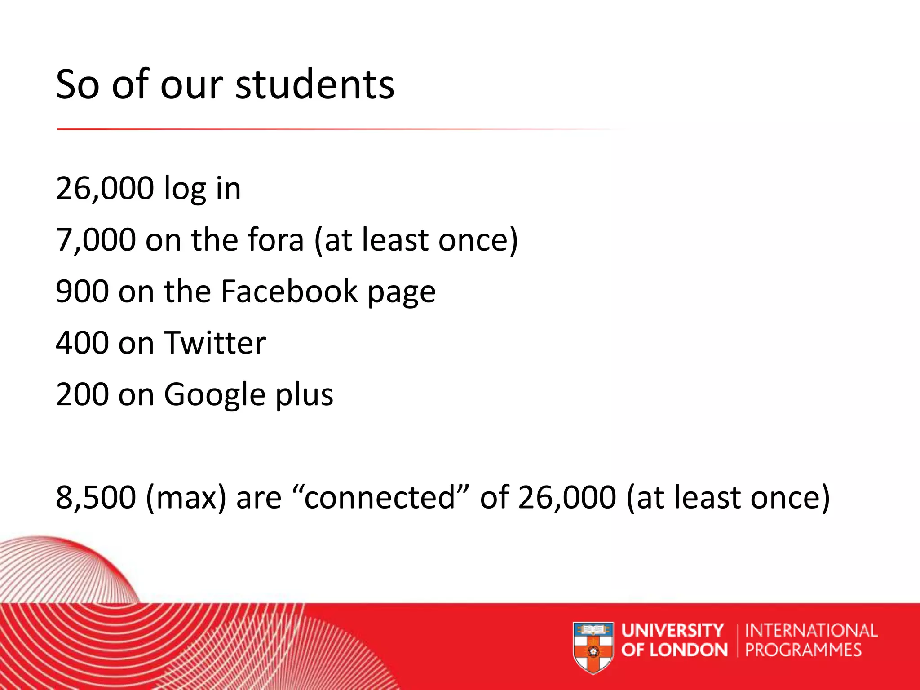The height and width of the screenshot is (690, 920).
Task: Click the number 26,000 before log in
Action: (105, 188)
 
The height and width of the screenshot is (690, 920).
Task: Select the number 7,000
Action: (96, 240)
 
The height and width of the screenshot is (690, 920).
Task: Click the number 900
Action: (83, 292)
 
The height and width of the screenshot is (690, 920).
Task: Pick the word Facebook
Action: (289, 292)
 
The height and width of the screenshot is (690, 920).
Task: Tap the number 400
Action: (83, 343)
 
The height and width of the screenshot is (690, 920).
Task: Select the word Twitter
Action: (215, 343)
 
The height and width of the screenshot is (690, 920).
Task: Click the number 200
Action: (83, 394)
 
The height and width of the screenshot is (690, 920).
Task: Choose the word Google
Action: (215, 394)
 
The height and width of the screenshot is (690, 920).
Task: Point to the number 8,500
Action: (96, 497)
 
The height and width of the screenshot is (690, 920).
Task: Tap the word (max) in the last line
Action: (186, 497)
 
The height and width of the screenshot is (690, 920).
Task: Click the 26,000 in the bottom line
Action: (567, 497)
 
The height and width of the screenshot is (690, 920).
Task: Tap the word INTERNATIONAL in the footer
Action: (811, 630)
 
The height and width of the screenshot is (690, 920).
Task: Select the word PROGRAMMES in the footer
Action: (803, 650)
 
